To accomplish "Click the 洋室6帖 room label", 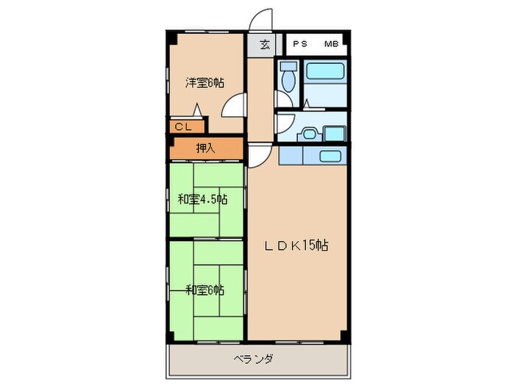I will point(204,83).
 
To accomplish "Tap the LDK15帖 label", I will point(296,246).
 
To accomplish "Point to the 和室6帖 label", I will point(205,290).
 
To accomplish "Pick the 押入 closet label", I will point(205,149).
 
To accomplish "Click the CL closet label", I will point(183,127).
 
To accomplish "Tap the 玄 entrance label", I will point(265,45).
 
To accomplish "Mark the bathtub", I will point(324,72).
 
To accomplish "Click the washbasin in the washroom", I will point(308,134).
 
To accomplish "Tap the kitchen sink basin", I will point(329,157).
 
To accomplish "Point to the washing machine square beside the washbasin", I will point(335,134).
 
